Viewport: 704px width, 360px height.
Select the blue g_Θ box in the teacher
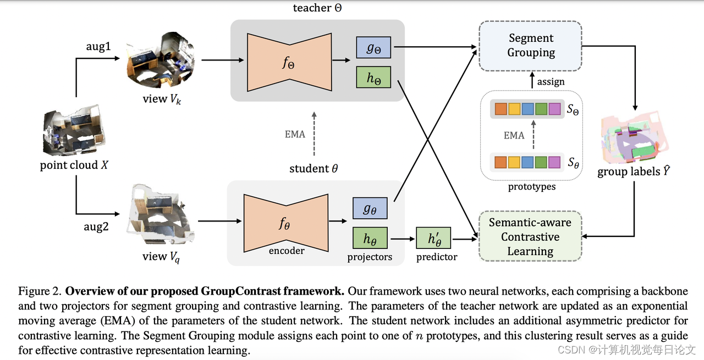373,48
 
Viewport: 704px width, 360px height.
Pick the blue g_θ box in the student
370,209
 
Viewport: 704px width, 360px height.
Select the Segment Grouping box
530,46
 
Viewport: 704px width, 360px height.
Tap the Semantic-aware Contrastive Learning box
530,237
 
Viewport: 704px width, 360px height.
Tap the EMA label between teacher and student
295,134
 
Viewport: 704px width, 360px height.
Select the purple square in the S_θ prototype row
554,162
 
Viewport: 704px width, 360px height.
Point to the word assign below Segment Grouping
551,82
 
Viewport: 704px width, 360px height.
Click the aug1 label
98,47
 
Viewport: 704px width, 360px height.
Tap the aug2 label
96,227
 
